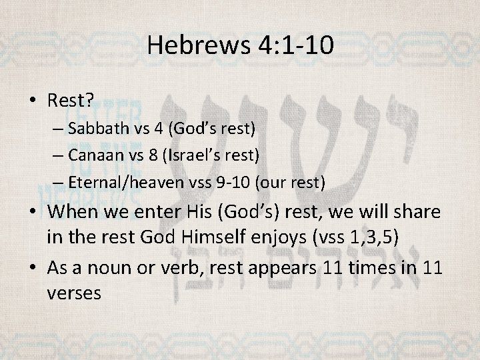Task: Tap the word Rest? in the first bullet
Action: coord(70,100)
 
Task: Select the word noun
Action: coord(118,269)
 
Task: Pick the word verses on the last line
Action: coord(74,293)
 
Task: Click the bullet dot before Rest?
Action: coord(34,101)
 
